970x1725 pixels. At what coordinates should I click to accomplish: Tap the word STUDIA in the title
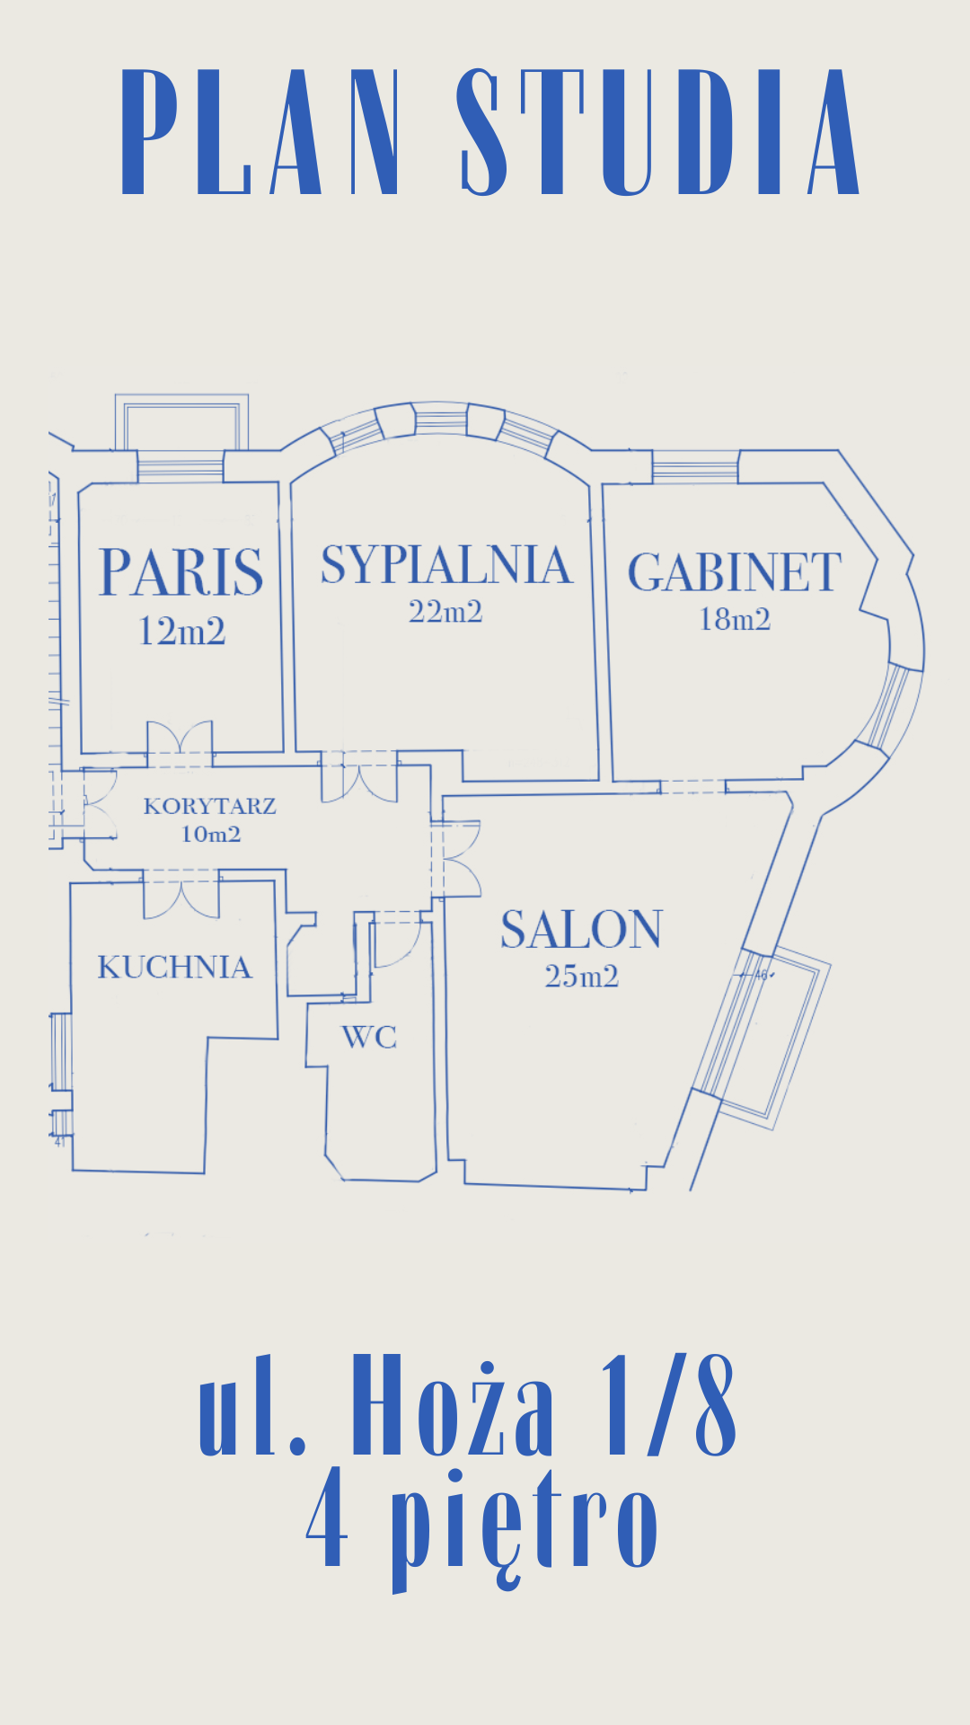point(658,132)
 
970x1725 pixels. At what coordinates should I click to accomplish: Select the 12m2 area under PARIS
point(181,632)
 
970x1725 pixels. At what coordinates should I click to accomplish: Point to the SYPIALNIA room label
point(446,565)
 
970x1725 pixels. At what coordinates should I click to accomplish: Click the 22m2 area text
point(445,612)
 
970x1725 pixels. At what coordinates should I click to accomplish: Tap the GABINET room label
point(735,572)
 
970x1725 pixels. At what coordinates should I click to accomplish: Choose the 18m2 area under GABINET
point(735,620)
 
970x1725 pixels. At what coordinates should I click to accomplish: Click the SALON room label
point(581,930)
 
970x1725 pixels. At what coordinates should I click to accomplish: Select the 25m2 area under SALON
point(581,977)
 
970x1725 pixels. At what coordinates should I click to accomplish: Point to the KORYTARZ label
point(209,806)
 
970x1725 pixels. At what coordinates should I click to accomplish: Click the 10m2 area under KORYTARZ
point(211,834)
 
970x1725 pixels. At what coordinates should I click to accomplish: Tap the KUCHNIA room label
point(174,968)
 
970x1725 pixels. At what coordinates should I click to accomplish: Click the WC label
point(369,1038)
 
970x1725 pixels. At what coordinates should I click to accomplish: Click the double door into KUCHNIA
point(181,896)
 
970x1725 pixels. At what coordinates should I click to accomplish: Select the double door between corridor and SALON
point(456,860)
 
